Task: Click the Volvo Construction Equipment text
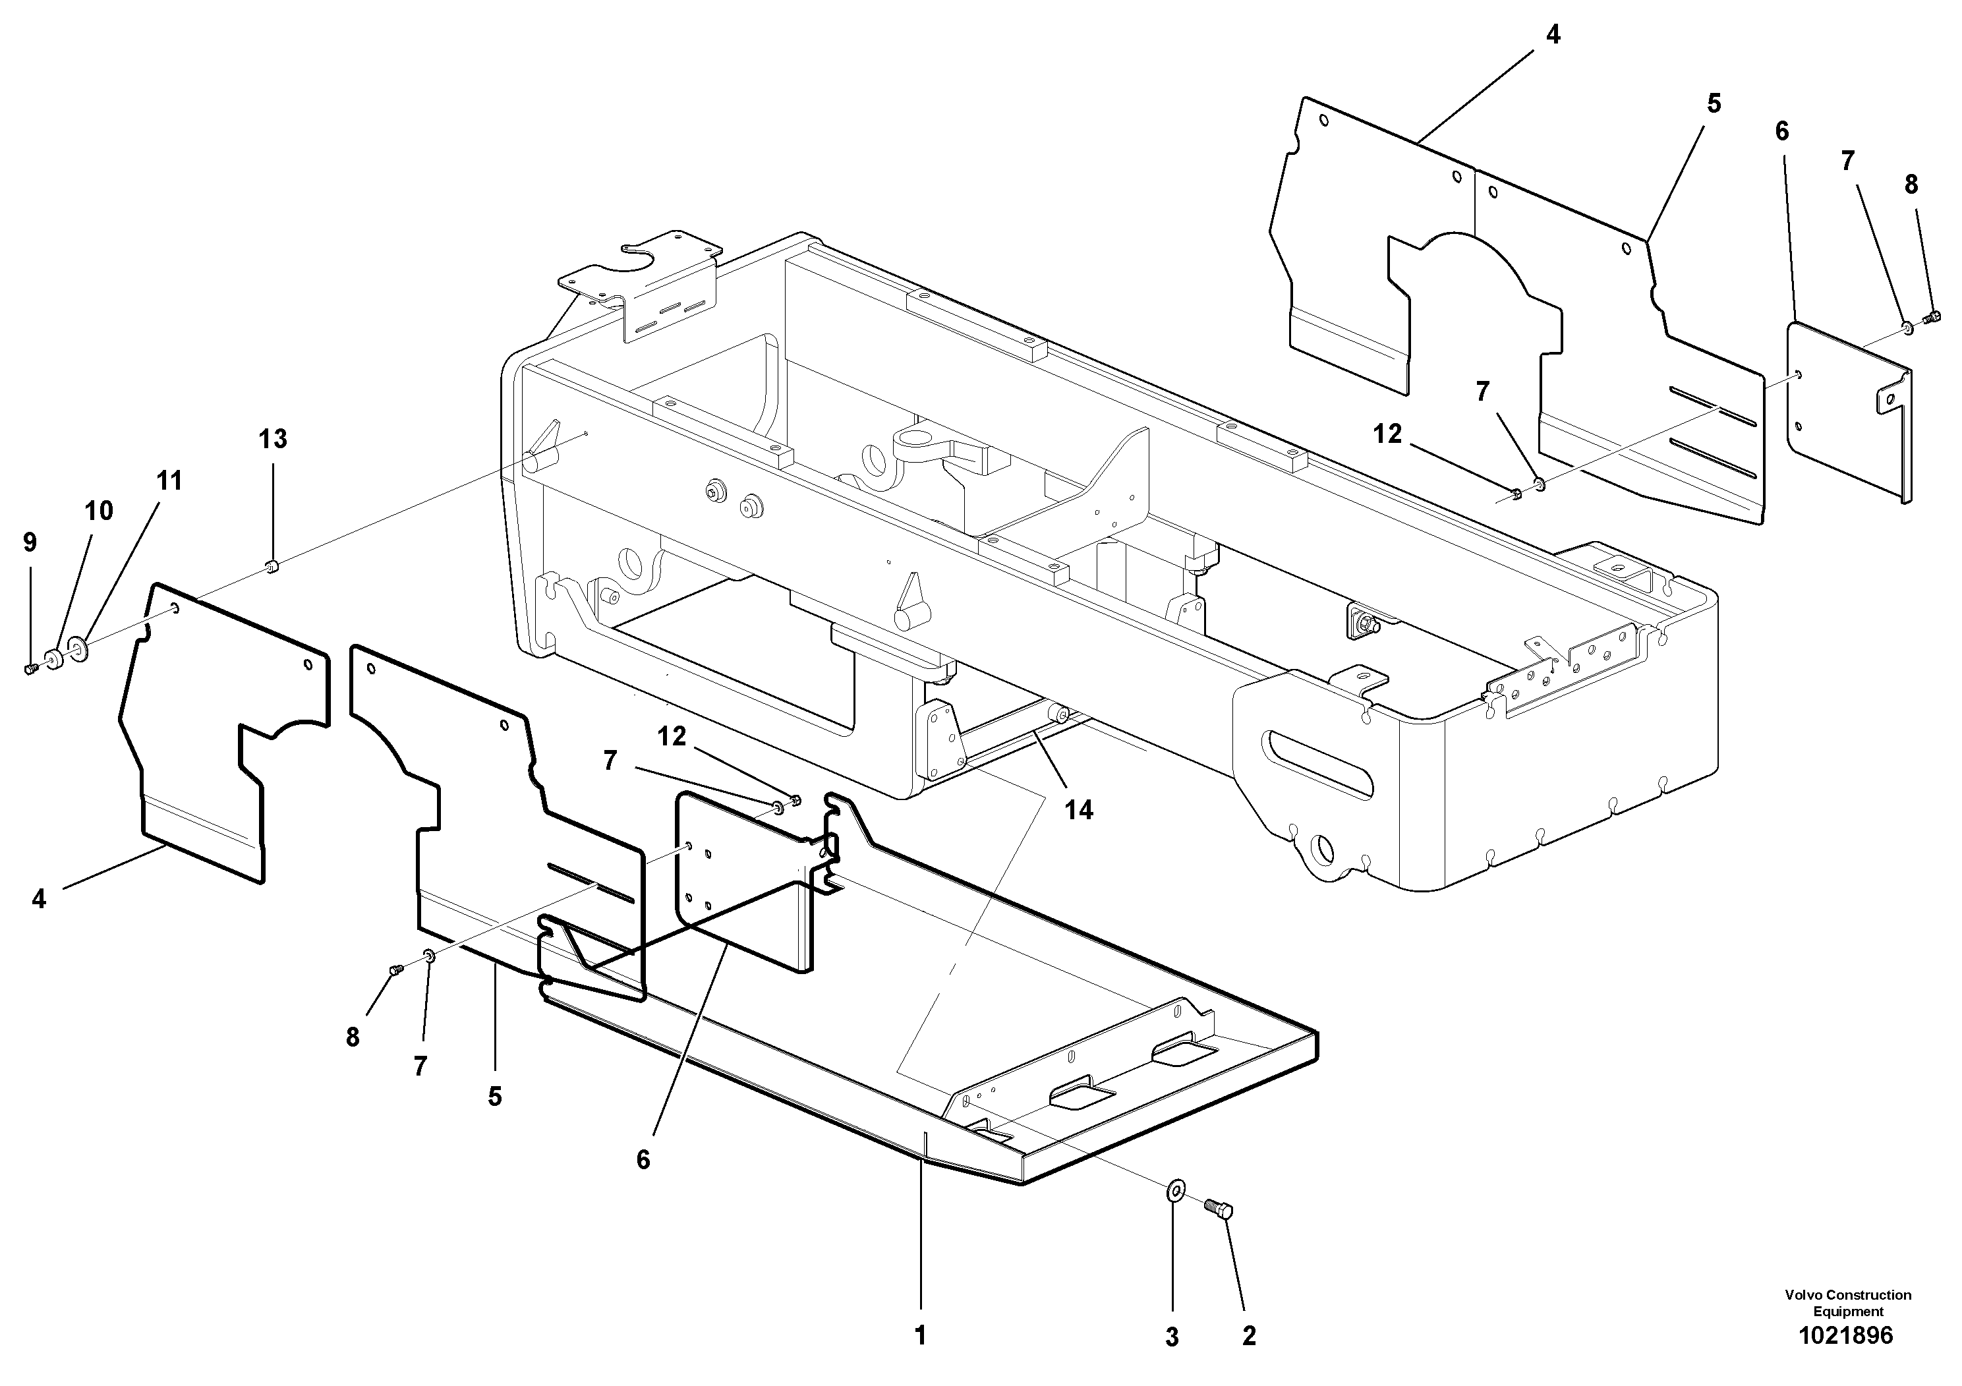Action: click(1847, 1303)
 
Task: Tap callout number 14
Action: click(1078, 809)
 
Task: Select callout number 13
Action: click(273, 439)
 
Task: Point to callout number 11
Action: click(169, 481)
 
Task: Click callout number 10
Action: click(98, 511)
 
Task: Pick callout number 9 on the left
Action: click(30, 542)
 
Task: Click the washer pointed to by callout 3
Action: click(1176, 1190)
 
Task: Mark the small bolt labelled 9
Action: click(32, 669)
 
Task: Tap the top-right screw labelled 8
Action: click(1928, 319)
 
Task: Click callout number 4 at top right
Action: click(1553, 35)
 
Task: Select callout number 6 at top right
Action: click(1781, 132)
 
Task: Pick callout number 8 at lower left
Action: click(352, 1037)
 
